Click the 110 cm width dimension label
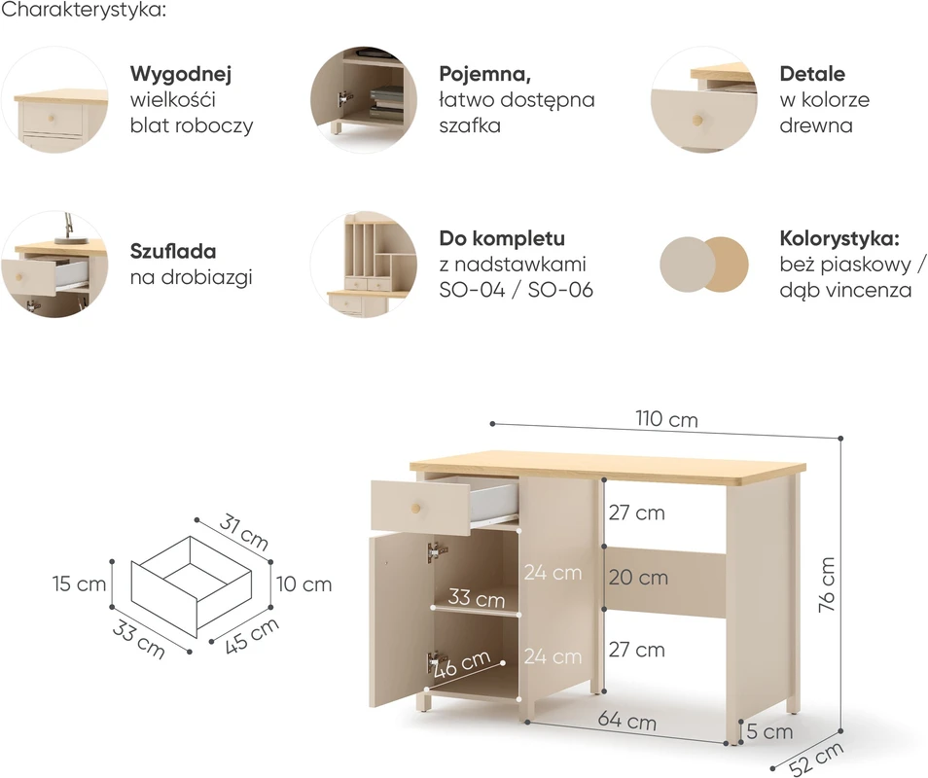click(x=667, y=419)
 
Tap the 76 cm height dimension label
click(x=827, y=584)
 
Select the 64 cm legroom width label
click(x=627, y=721)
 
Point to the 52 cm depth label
click(x=817, y=759)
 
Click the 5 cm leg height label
click(x=769, y=731)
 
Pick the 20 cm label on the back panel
click(x=638, y=578)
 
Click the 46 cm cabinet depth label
click(x=462, y=664)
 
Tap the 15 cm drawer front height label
click(x=80, y=583)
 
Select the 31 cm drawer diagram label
click(x=244, y=532)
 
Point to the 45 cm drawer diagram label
click(x=252, y=636)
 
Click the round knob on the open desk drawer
click(x=416, y=508)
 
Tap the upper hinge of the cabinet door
click(x=437, y=552)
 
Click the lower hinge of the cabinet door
click(x=436, y=661)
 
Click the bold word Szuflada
click(x=173, y=252)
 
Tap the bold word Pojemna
click(x=484, y=74)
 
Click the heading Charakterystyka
click(x=84, y=10)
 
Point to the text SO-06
click(x=560, y=290)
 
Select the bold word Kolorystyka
click(x=839, y=238)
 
